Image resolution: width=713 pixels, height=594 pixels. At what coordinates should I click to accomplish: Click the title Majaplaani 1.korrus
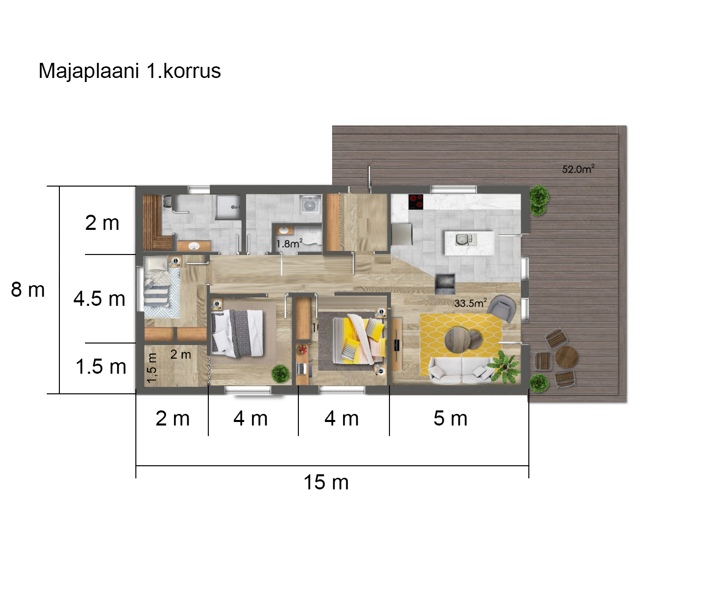pos(129,71)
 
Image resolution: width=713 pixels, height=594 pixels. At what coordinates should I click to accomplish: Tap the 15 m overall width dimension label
pos(326,482)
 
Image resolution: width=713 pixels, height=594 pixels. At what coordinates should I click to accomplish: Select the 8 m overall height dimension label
pos(28,290)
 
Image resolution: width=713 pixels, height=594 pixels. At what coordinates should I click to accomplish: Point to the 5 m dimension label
pos(450,418)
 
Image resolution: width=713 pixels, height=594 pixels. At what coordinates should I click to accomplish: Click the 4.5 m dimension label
pos(99,299)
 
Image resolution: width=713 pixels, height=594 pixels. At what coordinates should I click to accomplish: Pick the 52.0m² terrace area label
pos(578,169)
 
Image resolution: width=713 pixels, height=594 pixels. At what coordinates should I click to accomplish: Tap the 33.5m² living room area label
pos(470,303)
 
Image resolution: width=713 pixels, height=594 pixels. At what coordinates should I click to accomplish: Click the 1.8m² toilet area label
pos(289,243)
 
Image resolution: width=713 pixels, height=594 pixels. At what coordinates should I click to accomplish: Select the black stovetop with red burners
pos(416,202)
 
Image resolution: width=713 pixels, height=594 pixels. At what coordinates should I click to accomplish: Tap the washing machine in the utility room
pos(310,205)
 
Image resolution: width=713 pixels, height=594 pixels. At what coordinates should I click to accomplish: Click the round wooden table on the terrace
pos(567,357)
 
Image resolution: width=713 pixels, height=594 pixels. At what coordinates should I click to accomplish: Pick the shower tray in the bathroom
pos(228,207)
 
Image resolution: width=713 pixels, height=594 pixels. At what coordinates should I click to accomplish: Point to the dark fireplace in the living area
pos(445,284)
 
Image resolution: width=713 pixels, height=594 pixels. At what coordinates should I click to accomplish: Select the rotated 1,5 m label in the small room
pos(152,368)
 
